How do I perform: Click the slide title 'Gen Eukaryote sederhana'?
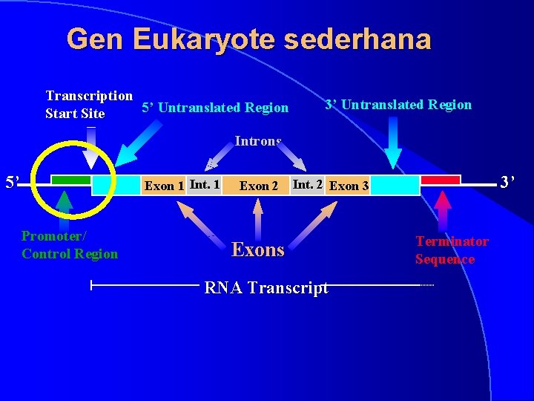click(x=248, y=39)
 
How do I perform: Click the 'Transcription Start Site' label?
click(x=89, y=105)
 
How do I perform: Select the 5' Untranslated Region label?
click(x=215, y=108)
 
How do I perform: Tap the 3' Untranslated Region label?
click(x=398, y=105)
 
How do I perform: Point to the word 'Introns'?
click(x=258, y=140)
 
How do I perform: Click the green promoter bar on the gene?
click(x=71, y=180)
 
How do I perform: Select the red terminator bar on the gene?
click(x=441, y=180)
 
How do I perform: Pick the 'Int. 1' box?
click(x=205, y=184)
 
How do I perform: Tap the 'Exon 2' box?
click(x=258, y=186)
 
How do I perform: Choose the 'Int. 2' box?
click(x=307, y=184)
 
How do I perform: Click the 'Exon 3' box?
click(x=349, y=186)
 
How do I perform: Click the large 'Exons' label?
click(x=258, y=250)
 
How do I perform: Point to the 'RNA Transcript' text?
click(x=266, y=288)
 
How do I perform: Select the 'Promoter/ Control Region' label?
click(x=70, y=245)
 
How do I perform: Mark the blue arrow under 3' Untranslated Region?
click(x=393, y=145)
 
